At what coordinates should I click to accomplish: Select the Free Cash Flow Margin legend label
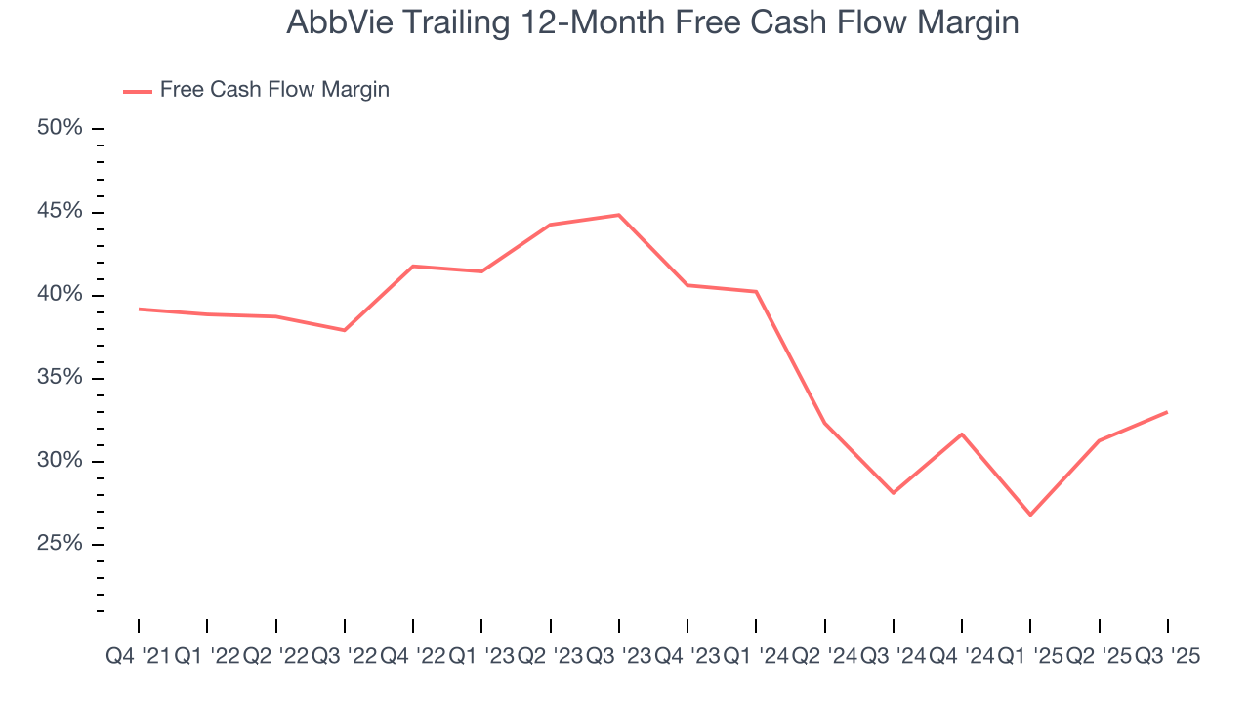point(274,90)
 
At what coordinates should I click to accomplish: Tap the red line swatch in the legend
point(137,91)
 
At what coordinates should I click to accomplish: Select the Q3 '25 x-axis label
point(1167,657)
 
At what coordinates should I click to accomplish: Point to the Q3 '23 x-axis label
point(618,657)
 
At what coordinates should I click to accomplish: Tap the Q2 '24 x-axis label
point(824,657)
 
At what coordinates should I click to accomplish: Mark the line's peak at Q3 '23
point(619,215)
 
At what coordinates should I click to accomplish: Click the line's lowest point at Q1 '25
point(1030,515)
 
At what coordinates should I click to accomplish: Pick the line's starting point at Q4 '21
point(139,309)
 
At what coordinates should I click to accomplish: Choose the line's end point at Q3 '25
point(1168,412)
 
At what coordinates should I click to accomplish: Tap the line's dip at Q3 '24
point(894,493)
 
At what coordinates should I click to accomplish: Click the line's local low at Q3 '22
point(345,330)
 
